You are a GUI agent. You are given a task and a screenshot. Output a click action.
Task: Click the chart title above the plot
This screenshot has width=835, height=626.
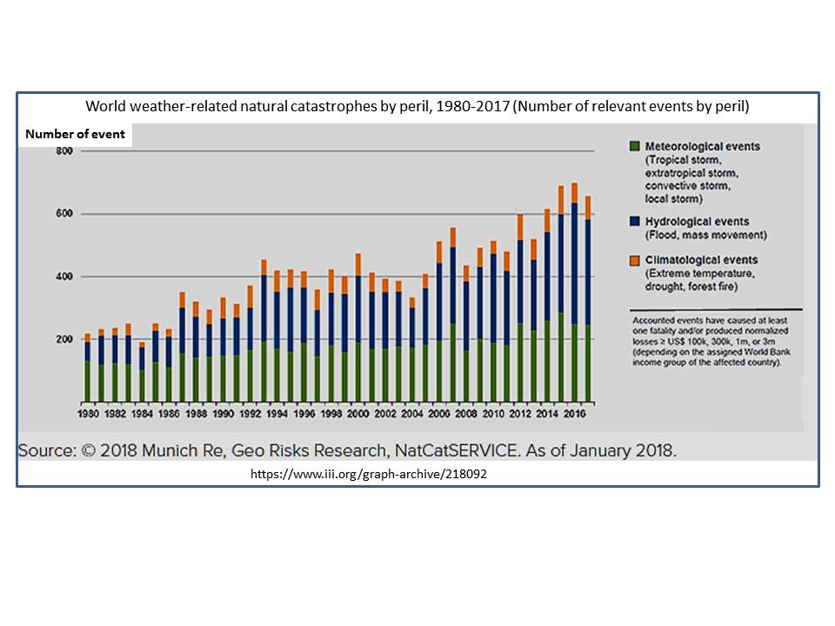417,106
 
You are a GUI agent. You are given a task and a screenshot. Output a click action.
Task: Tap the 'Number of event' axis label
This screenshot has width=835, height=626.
75,135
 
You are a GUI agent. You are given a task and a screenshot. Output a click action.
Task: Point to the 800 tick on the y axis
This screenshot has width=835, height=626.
63,151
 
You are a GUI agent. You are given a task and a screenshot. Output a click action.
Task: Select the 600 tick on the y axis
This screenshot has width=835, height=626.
63,214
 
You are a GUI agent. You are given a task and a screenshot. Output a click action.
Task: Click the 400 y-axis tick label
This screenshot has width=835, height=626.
63,276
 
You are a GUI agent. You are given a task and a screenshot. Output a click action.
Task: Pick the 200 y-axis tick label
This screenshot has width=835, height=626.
63,339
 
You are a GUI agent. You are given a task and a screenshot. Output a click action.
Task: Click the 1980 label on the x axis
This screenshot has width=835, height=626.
88,416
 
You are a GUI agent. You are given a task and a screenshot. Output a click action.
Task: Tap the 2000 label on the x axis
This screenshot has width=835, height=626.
357,416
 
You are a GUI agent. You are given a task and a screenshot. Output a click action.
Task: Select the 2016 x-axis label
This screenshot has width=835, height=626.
573,416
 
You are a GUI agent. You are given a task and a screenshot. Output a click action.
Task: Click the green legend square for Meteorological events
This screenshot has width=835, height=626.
634,146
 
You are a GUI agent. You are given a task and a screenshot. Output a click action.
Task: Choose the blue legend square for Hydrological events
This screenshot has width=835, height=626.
634,222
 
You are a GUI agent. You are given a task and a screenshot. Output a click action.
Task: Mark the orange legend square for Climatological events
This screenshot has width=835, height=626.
634,260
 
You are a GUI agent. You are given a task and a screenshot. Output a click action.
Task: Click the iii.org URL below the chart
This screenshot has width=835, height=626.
375,476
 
